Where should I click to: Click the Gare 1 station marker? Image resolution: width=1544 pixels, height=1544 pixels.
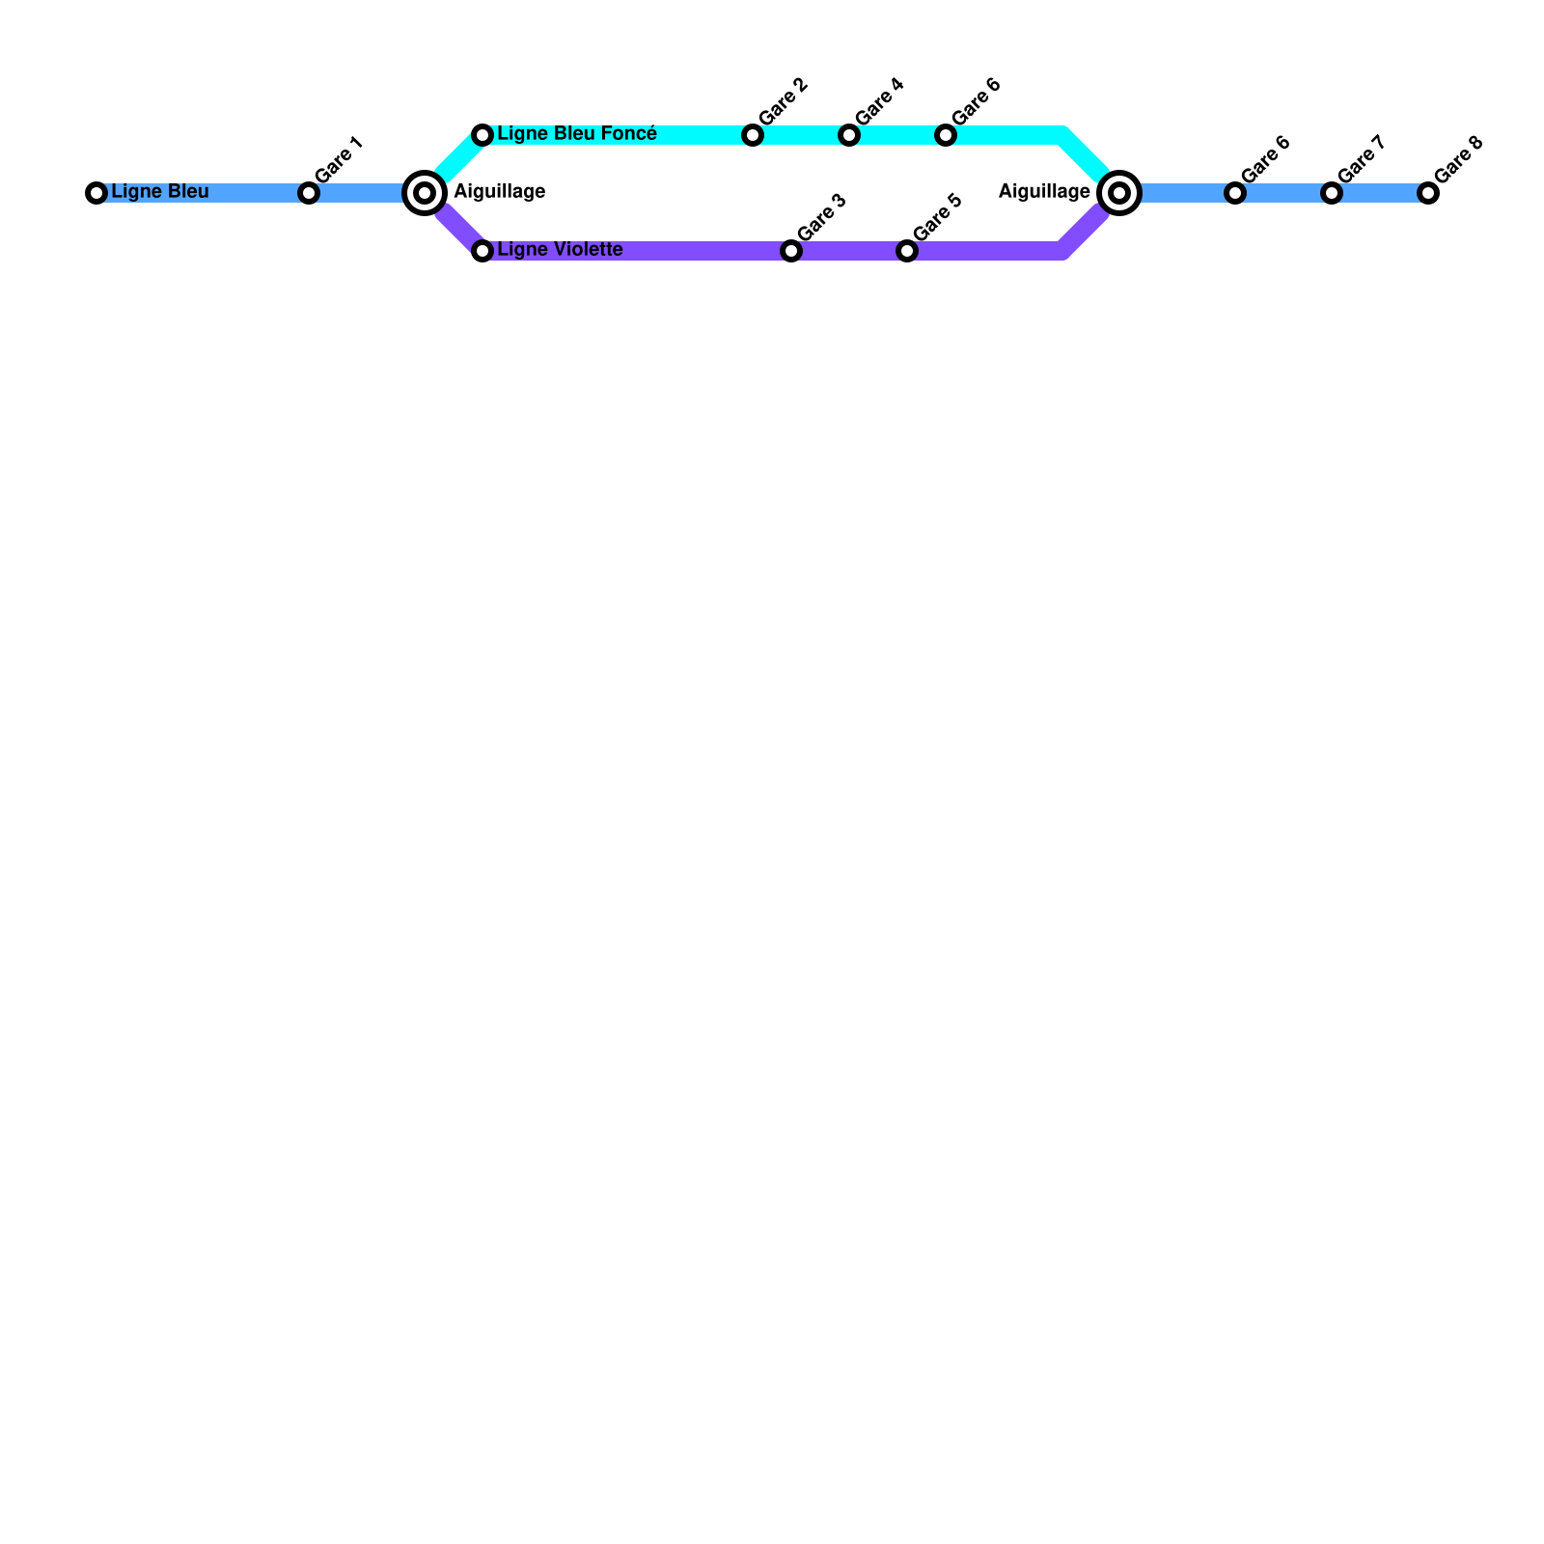[x=309, y=193]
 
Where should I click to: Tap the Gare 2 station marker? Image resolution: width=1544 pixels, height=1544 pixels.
[x=753, y=135]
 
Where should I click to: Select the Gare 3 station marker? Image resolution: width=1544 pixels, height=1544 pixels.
[x=791, y=251]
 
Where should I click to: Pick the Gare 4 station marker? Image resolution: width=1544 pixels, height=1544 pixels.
[x=849, y=135]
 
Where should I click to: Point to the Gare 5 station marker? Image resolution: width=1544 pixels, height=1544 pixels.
[x=907, y=251]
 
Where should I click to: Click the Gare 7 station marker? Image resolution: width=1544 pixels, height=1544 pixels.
[x=1332, y=193]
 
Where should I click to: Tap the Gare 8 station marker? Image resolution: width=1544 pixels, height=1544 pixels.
[x=1428, y=193]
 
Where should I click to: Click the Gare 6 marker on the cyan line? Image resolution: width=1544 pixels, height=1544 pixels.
[x=946, y=135]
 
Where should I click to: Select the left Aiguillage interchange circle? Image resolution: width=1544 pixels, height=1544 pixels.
[x=425, y=193]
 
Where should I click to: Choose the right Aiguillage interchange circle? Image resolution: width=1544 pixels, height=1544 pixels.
[x=1119, y=193]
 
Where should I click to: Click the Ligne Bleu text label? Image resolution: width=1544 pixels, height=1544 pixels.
[x=160, y=192]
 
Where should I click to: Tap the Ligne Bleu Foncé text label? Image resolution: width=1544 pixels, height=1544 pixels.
[x=577, y=134]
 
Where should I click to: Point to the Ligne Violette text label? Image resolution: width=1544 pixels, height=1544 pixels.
[x=560, y=250]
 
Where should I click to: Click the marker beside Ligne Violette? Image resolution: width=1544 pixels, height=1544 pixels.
[x=482, y=251]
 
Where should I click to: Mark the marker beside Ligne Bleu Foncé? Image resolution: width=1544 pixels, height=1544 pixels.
[x=482, y=135]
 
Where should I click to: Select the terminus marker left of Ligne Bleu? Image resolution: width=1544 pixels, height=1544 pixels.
[x=96, y=193]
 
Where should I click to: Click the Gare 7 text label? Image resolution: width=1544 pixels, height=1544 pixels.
[x=1362, y=160]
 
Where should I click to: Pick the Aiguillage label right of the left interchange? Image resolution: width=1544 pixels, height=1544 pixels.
[x=500, y=192]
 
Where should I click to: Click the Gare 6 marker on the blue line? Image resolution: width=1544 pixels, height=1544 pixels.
[x=1235, y=193]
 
